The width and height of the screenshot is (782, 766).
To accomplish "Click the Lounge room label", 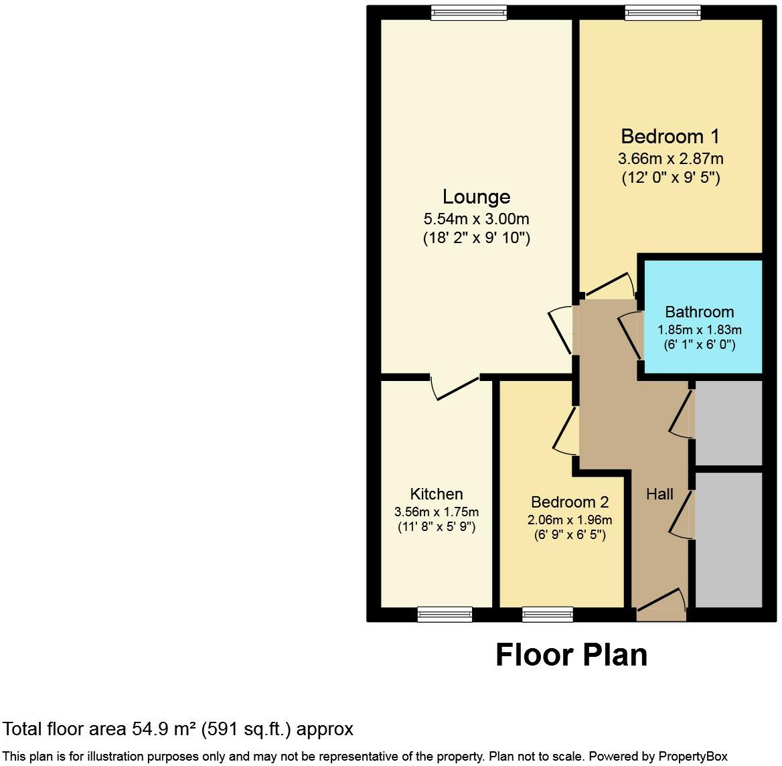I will click(x=476, y=197).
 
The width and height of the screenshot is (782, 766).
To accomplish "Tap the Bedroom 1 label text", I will click(x=670, y=137).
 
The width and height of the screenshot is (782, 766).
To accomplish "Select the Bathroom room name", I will click(x=699, y=312).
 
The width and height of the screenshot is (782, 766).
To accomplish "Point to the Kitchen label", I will click(x=437, y=494).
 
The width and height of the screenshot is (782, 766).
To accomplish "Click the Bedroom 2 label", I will click(x=569, y=502).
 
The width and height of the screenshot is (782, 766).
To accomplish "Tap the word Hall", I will click(x=659, y=494).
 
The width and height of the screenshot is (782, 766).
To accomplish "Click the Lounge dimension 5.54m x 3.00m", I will click(x=476, y=219).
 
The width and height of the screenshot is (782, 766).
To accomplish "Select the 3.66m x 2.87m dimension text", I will click(x=670, y=159).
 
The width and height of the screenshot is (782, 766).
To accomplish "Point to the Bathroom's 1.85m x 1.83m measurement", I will click(x=699, y=330).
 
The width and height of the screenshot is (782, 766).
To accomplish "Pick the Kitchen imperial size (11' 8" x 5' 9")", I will click(x=437, y=527).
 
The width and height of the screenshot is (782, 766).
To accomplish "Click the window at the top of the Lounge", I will click(x=469, y=12).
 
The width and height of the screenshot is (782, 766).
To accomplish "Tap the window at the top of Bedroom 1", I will click(x=663, y=12).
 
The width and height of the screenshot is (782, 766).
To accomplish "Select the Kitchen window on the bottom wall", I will click(x=445, y=614).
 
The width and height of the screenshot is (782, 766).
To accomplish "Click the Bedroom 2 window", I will click(x=548, y=614).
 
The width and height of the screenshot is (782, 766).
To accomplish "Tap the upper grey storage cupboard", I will click(x=729, y=423).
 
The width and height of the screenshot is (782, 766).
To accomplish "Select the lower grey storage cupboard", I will click(x=729, y=540).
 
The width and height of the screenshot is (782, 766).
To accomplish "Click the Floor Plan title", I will click(x=571, y=655).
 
